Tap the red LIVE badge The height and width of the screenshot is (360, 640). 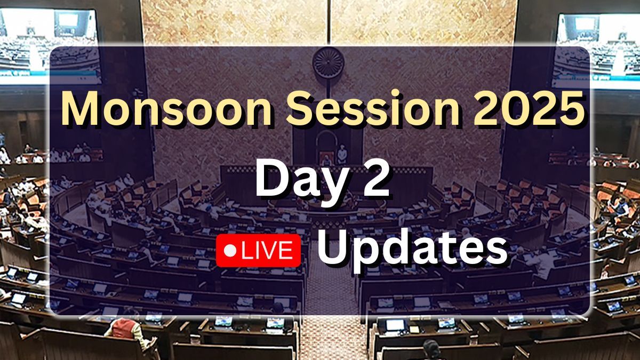coord(258,251)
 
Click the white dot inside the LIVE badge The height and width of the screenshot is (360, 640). coord(230,251)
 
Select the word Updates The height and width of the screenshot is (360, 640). coord(413,251)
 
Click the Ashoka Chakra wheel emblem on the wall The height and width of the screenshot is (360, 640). coord(329,62)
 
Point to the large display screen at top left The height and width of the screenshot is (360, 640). coord(49,46)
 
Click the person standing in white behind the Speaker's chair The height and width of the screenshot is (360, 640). coord(342,154)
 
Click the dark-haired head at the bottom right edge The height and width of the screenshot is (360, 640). coord(431,350)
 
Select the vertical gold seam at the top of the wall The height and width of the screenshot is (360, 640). coord(329,22)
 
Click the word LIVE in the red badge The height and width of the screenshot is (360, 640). coord(268,251)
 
